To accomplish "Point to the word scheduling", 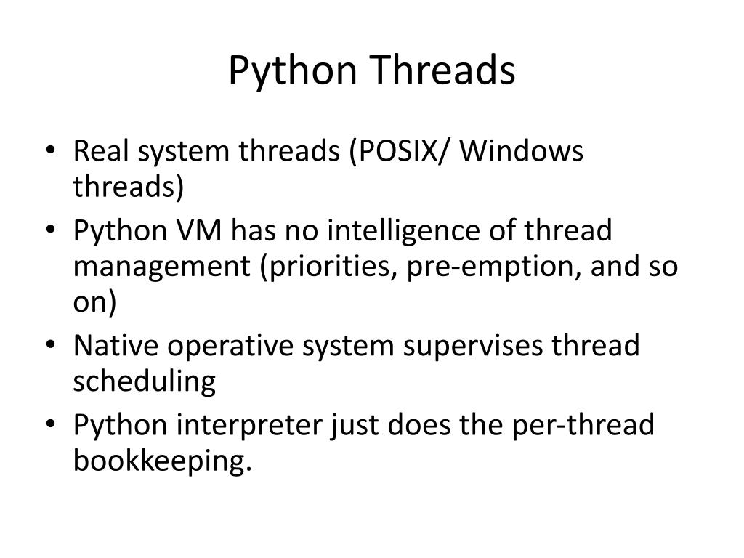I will (144, 381).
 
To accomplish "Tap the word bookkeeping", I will (162, 460).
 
